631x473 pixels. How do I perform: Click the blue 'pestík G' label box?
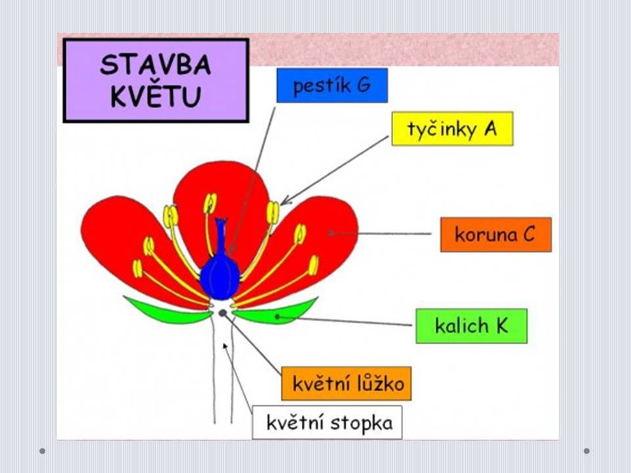332,85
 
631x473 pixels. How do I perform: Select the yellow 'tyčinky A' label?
452,129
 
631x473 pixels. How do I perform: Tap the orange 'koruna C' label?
496,235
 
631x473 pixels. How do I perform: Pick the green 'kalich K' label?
472,326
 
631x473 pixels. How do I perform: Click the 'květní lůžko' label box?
346,383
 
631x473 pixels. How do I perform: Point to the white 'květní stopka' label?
327,422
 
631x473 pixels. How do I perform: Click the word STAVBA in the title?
155,65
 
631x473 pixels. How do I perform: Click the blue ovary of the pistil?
220,277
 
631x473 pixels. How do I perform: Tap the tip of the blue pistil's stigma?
221,220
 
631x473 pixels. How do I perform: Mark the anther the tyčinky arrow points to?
273,213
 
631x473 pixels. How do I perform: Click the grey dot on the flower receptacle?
223,313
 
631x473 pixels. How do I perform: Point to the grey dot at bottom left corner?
42,451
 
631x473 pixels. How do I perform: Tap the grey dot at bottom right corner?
587,451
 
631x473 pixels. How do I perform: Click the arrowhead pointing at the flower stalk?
225,347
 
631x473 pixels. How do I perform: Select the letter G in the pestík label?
363,85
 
